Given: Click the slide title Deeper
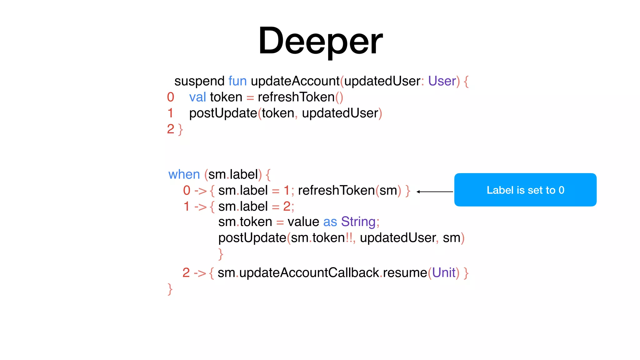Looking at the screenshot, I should (x=320, y=41).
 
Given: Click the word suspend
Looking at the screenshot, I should (x=199, y=81).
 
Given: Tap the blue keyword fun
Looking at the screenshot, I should (x=237, y=81).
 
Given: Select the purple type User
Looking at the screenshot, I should (x=442, y=81).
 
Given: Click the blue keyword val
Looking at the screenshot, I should (x=197, y=97).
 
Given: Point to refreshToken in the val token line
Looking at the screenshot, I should (x=296, y=97).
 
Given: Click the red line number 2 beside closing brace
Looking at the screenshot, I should (x=170, y=129).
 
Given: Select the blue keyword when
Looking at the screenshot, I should (x=184, y=174).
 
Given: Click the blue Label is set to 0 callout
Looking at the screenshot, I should (x=525, y=190).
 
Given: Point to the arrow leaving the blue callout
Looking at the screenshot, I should (x=435, y=192).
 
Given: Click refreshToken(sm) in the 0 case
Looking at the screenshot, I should (x=349, y=190).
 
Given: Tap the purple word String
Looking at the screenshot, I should (x=358, y=222).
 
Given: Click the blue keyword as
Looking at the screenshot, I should (x=330, y=222).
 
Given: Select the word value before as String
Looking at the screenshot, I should (x=303, y=222).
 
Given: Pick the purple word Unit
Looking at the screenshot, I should (x=443, y=273).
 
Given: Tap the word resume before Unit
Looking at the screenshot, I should (x=405, y=273).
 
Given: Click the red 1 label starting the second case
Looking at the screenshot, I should (x=186, y=206).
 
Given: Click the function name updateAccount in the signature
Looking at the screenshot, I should (x=295, y=81).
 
